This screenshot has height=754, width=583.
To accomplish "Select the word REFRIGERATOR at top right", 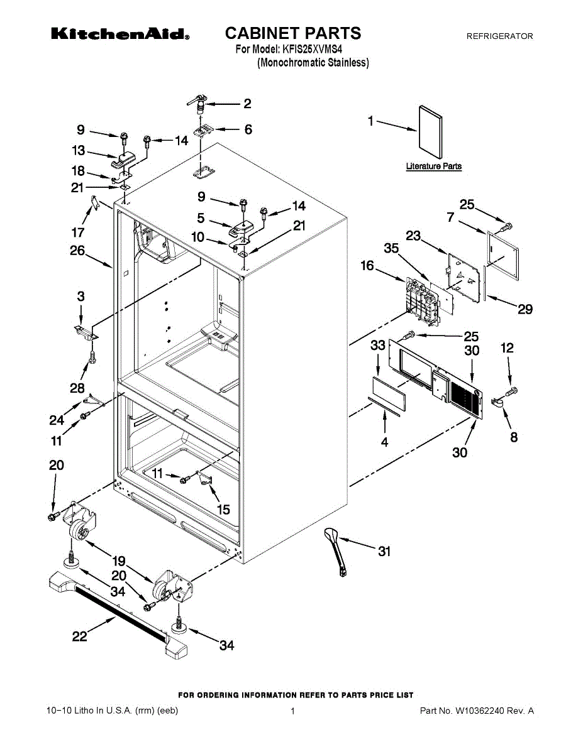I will pyautogui.click(x=499, y=37).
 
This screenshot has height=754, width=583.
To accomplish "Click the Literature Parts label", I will pyautogui.click(x=433, y=167).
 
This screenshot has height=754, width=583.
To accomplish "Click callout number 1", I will pyautogui.click(x=371, y=121).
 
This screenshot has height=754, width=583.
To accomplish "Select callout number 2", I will pyautogui.click(x=247, y=104).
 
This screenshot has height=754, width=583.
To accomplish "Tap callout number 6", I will pyautogui.click(x=248, y=129).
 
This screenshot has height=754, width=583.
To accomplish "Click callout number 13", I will pyautogui.click(x=79, y=151).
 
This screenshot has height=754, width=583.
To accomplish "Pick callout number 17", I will pyautogui.click(x=79, y=232).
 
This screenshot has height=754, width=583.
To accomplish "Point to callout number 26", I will pyautogui.click(x=77, y=250).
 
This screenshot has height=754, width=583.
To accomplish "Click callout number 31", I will pyautogui.click(x=384, y=552).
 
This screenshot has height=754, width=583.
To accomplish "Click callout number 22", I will pyautogui.click(x=79, y=636).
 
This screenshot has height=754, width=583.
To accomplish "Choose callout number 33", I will pyautogui.click(x=377, y=345).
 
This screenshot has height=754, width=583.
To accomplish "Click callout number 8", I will pyautogui.click(x=514, y=437).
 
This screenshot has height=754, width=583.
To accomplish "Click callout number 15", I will pyautogui.click(x=223, y=510).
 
